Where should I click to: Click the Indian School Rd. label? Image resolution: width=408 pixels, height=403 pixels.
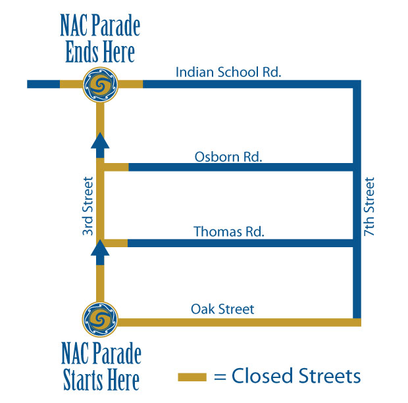click(x=228, y=71)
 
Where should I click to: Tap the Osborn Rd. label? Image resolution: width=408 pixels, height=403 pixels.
click(x=228, y=156)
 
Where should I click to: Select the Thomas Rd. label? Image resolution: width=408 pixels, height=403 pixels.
click(x=229, y=231)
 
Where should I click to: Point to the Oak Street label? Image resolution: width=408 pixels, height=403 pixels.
click(x=222, y=308)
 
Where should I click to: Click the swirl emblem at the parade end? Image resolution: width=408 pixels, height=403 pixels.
click(x=101, y=84)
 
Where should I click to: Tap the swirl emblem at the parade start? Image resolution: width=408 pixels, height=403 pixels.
click(x=101, y=321)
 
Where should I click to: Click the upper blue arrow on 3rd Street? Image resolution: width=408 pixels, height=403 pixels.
click(x=100, y=146)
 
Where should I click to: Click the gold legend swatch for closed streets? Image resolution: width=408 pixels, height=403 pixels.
click(x=193, y=377)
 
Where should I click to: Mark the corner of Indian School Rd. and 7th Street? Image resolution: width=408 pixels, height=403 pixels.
click(x=357, y=84)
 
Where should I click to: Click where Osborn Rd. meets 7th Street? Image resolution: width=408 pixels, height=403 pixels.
click(x=357, y=167)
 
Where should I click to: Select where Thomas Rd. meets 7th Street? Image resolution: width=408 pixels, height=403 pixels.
click(x=357, y=243)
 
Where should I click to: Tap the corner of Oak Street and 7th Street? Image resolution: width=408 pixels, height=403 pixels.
click(x=357, y=321)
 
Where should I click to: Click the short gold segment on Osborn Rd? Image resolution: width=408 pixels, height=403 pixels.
click(x=116, y=167)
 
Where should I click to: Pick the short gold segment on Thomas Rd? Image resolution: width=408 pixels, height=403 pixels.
click(x=116, y=243)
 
